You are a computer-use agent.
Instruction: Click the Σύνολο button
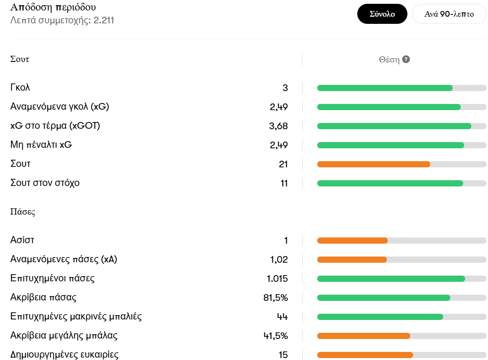pos(382,14)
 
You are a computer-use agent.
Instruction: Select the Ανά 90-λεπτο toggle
pos(449,14)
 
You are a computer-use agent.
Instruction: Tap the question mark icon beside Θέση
pos(406,60)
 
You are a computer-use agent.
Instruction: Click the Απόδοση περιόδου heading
pos(53,8)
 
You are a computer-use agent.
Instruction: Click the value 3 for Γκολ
pos(285,88)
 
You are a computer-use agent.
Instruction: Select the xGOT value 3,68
pos(279,126)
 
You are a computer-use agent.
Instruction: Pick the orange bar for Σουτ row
pos(374,164)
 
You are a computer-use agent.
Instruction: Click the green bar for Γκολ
pos(384,88)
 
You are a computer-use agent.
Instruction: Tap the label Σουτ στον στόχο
pos(45,183)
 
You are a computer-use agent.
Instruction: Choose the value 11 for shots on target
pos(284,183)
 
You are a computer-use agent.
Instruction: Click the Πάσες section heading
pos(23,212)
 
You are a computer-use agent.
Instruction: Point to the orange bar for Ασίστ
pos(352,240)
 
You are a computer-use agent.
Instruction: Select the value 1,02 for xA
pos(279,259)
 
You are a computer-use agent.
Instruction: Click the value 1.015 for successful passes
pos(277,278)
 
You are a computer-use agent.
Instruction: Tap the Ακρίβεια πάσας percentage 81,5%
pos(276,298)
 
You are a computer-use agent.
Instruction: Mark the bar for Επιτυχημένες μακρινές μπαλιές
pos(380,317)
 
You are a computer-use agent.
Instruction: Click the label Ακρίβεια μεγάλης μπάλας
pos(64,336)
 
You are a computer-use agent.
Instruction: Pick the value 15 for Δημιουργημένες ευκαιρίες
pos(283,355)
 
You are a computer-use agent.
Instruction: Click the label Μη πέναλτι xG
pos(41,145)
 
